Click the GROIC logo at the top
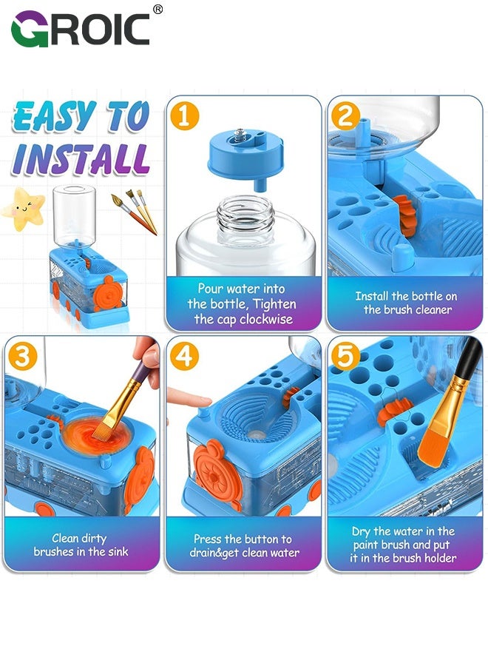[x=81, y=29]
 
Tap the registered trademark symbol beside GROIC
[x=157, y=10]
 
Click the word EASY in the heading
[x=54, y=115]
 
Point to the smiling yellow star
[x=24, y=209]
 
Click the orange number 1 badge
[x=184, y=116]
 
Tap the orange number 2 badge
[x=345, y=116]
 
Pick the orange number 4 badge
[x=184, y=356]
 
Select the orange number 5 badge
[x=345, y=356]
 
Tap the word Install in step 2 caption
[x=372, y=295]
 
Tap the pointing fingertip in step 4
[x=200, y=400]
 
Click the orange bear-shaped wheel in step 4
[x=217, y=472]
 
